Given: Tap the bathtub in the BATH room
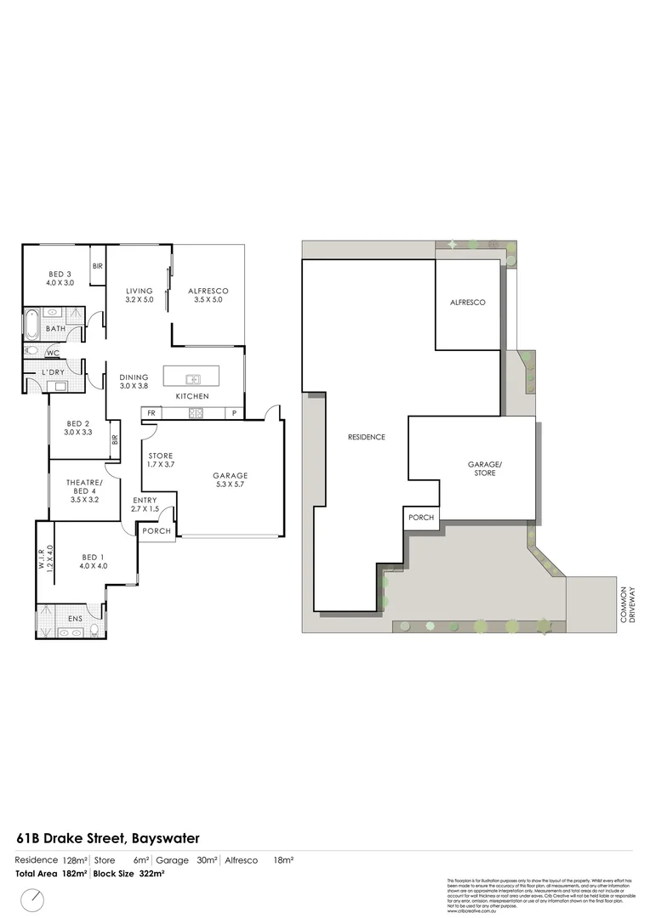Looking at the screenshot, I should (32, 326).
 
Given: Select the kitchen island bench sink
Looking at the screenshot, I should (193, 379).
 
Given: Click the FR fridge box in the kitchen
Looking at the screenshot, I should (151, 413).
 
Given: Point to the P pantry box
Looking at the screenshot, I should (234, 413).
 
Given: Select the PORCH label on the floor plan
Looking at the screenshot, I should (157, 531).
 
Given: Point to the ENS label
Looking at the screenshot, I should (75, 619).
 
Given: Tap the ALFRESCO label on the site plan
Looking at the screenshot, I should (467, 303).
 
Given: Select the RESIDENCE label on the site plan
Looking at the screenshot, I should (367, 437).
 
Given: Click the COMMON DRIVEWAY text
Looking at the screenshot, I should (627, 604).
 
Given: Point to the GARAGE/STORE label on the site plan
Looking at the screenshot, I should (482, 468).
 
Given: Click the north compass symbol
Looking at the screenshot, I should (33, 897).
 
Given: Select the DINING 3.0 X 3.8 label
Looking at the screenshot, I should (134, 382).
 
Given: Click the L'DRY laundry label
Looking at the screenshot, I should (48, 372).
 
